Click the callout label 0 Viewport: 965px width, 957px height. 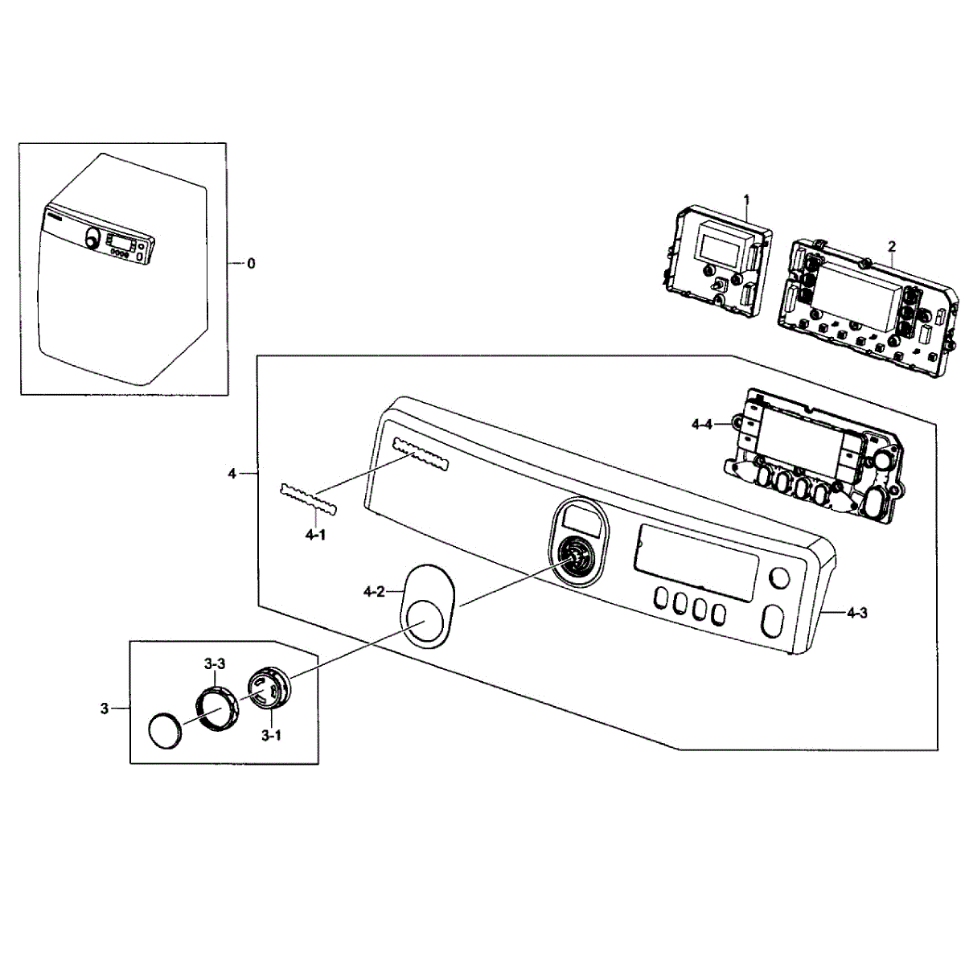[x=251, y=263]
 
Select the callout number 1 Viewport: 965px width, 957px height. [x=746, y=198]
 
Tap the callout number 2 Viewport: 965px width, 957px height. [x=892, y=245]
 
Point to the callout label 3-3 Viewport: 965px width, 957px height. [x=214, y=664]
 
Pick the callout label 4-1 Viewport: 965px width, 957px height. [x=314, y=534]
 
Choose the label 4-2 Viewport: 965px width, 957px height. [x=373, y=592]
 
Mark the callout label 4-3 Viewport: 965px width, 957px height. [x=856, y=614]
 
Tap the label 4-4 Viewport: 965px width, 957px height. [x=702, y=424]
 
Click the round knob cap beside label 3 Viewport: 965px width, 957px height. [x=166, y=730]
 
